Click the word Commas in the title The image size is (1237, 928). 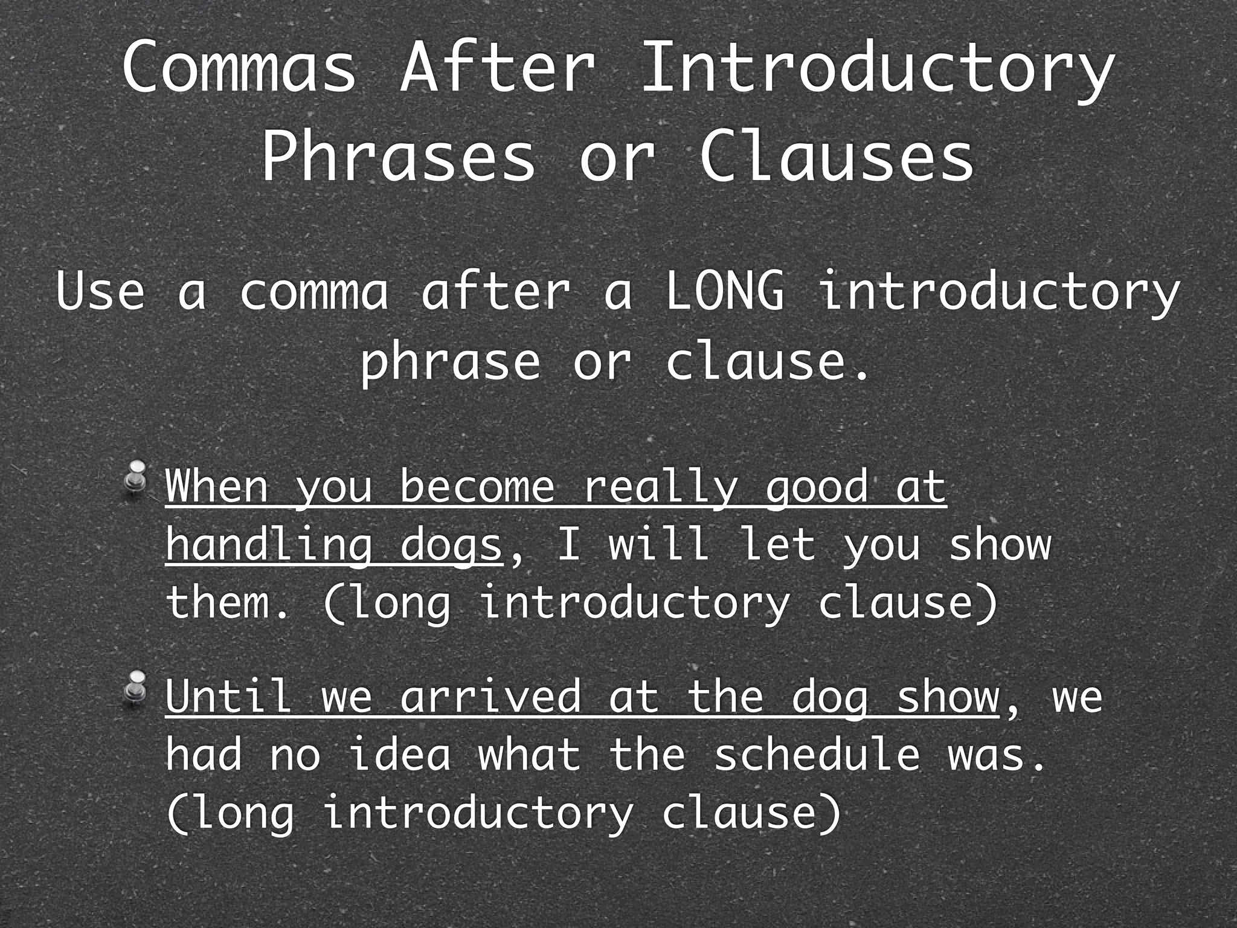click(239, 68)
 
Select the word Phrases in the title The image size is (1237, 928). click(399, 158)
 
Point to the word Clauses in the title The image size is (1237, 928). click(837, 158)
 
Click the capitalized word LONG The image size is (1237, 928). click(725, 292)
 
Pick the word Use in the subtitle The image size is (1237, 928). click(100, 292)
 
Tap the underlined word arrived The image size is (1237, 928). click(489, 696)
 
